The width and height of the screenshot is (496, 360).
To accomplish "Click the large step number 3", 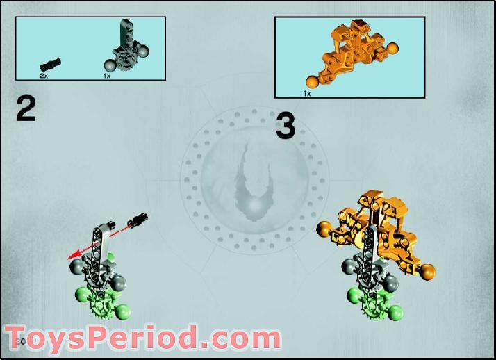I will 286,126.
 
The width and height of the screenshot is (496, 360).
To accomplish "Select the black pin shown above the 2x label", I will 51,63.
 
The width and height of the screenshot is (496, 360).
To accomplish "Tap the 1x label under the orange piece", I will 306,92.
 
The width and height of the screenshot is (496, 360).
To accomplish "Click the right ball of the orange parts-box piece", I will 393,49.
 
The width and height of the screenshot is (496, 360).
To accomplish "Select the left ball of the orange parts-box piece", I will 313,83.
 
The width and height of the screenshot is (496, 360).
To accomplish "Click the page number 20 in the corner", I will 19,342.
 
